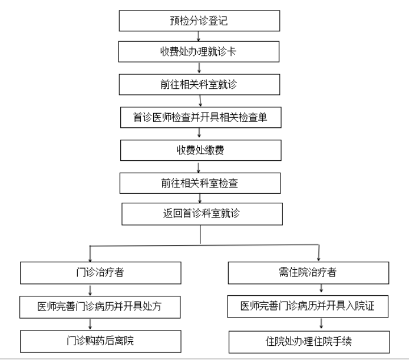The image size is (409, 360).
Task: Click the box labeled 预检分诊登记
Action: point(199,21)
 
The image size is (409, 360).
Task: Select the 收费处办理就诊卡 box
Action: point(199,52)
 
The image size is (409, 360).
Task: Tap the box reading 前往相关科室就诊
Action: point(199,84)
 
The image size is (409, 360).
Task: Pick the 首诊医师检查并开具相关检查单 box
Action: point(200,117)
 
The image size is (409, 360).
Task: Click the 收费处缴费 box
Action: point(200,150)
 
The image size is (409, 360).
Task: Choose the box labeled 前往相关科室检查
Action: point(200,183)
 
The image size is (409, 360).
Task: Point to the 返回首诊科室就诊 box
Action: point(202,214)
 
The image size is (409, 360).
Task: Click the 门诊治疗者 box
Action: point(101,273)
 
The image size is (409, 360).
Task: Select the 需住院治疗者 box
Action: point(308,273)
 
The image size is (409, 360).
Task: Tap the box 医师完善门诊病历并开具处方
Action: point(100,307)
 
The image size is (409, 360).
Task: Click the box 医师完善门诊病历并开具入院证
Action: point(308,306)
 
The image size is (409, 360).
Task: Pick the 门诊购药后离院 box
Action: point(101,342)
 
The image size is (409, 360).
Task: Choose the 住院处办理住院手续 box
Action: point(309,342)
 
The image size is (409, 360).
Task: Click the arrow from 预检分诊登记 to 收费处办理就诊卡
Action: point(199,37)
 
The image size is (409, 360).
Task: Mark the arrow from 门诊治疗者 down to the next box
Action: point(90,290)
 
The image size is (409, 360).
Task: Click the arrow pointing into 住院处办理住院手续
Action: point(321,323)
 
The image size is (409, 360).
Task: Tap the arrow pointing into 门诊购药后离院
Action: point(90,323)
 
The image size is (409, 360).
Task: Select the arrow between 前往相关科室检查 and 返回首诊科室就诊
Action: point(200,198)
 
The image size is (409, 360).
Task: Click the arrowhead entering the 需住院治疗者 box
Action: point(318,259)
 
